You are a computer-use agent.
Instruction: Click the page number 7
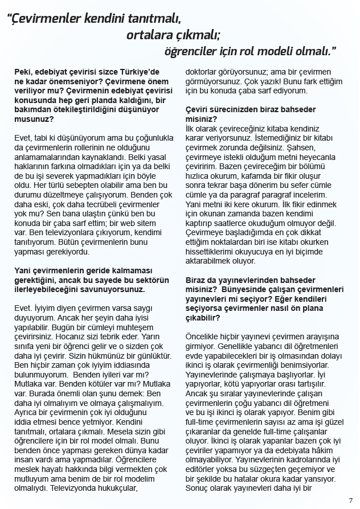pos(350,500)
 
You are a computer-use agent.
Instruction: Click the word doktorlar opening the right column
pos(204,71)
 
